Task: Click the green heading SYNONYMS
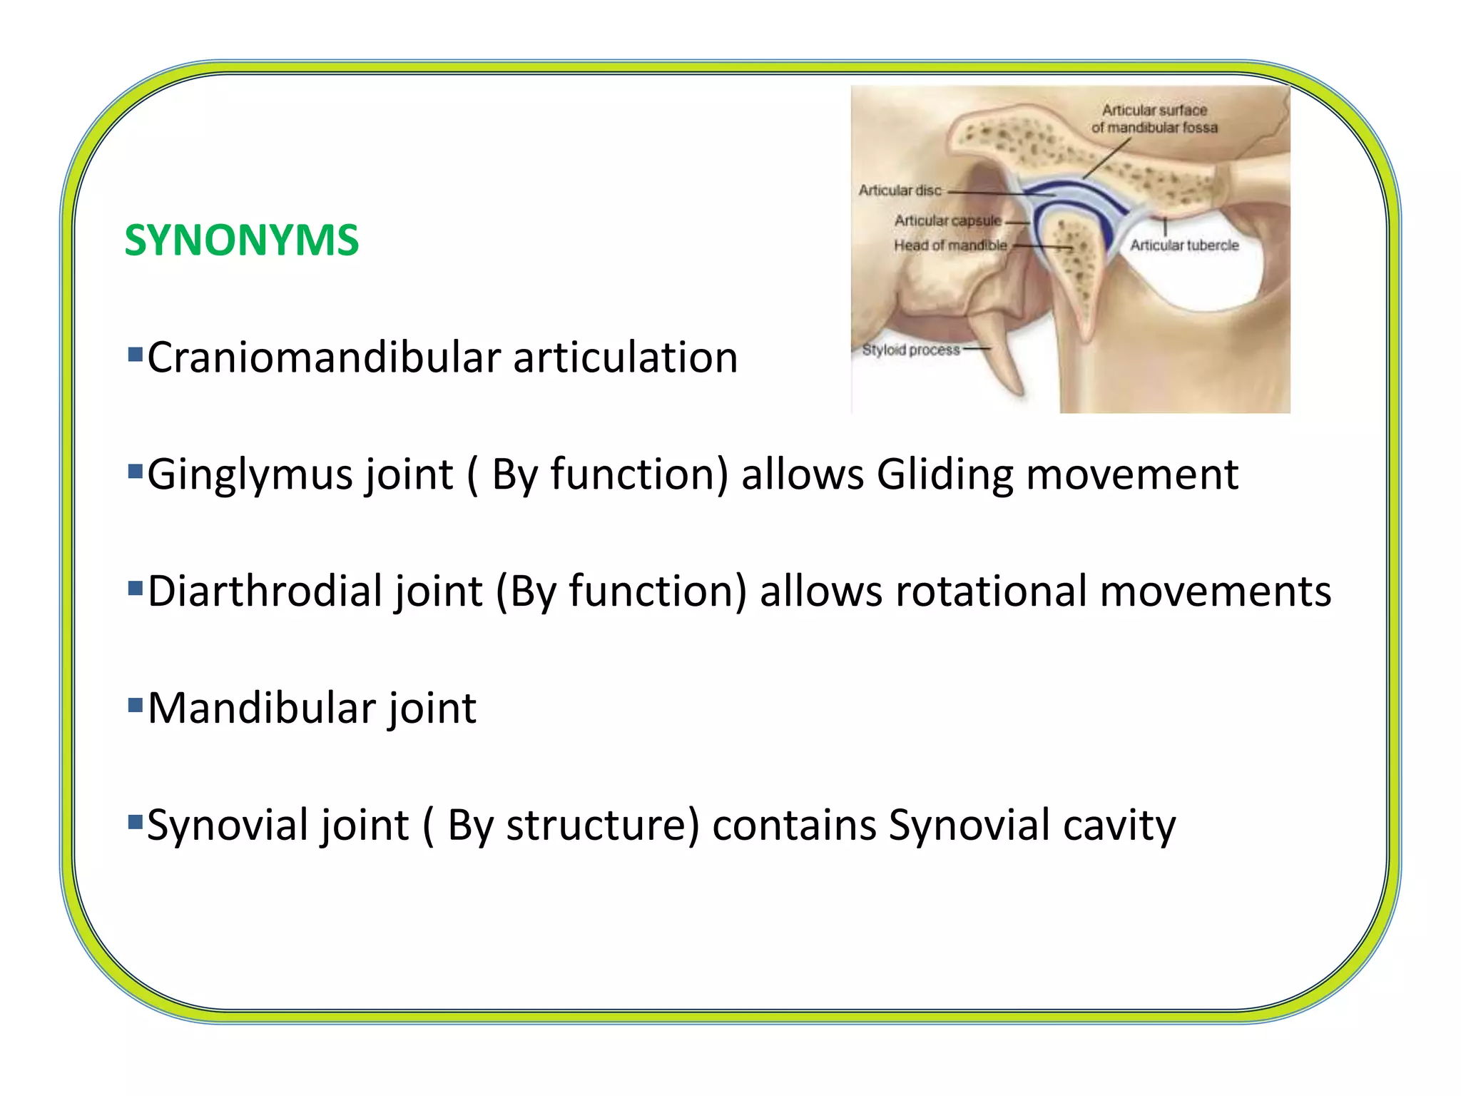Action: (x=241, y=240)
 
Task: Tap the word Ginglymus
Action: (x=250, y=475)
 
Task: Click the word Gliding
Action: (x=945, y=475)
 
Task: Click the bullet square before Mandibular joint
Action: (x=135, y=705)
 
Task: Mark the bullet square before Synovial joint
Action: (x=135, y=822)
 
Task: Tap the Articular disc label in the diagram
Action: (x=900, y=191)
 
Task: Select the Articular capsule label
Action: (x=947, y=220)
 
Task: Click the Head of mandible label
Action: (x=950, y=245)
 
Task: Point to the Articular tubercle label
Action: (x=1184, y=245)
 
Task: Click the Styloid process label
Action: (x=910, y=350)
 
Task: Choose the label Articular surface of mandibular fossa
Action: (x=1154, y=119)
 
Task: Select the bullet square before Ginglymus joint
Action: (x=135, y=471)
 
